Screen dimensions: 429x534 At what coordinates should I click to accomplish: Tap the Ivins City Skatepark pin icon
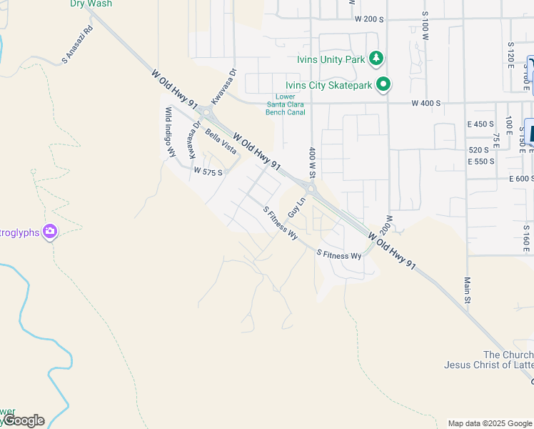coord(383,85)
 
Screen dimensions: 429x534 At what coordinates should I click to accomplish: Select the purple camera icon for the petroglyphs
coord(50,231)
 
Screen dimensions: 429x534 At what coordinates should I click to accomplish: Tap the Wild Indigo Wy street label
coord(171,132)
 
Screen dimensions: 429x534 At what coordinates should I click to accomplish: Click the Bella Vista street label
coord(221,142)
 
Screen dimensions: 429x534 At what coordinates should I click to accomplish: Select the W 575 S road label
coord(208,172)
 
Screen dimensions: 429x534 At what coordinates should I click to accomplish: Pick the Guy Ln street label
coord(296,208)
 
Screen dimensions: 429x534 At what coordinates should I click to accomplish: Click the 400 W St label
coord(312,163)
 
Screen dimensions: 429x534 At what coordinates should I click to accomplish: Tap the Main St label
coord(468,290)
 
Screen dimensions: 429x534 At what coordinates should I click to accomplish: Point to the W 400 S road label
coord(426,103)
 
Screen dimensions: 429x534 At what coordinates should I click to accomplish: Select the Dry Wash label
coord(91,4)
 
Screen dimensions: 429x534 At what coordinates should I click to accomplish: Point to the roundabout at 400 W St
coord(312,189)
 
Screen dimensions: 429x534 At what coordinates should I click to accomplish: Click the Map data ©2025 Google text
coord(489,423)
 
